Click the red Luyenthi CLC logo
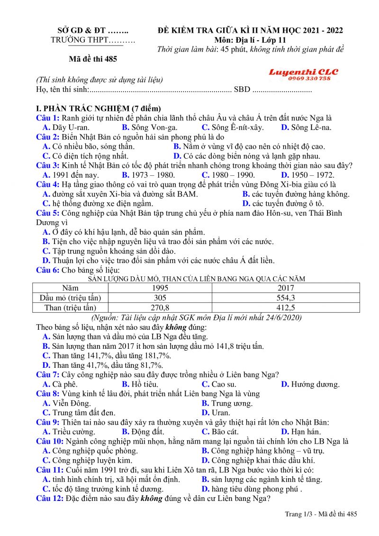[x=304, y=72]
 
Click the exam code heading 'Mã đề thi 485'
[x=92, y=59]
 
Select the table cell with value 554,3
[x=286, y=298]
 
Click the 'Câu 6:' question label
[x=48, y=270]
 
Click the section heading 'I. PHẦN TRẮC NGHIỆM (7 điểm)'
[x=99, y=109]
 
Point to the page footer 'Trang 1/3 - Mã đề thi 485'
[x=321, y=514]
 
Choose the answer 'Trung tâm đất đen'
[x=83, y=413]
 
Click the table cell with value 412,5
[x=286, y=308]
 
